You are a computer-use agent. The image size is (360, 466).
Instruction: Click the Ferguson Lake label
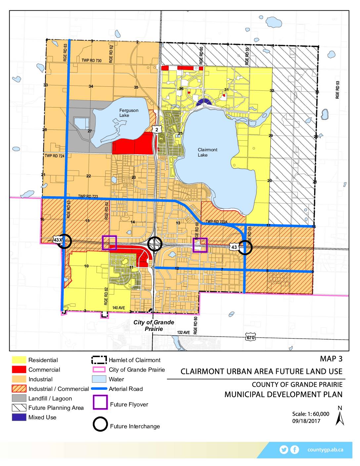[129, 113]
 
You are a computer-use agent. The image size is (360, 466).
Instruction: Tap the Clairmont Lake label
[207, 152]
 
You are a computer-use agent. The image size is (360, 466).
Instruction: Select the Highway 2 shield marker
[157, 129]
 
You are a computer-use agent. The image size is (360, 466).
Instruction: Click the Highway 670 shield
[250, 338]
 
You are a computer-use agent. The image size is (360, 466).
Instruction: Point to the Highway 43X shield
[58, 240]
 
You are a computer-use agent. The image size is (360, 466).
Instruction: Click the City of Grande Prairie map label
[154, 325]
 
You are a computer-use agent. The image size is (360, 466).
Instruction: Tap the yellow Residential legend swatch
[19, 360]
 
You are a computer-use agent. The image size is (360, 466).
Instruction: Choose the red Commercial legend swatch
[19, 370]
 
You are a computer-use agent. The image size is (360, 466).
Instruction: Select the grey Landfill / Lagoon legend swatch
[19, 398]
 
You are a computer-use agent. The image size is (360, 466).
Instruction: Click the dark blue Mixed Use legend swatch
[19, 417]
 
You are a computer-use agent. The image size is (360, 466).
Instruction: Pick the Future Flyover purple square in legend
[100, 403]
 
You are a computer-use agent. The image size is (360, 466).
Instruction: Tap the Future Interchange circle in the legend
[100, 424]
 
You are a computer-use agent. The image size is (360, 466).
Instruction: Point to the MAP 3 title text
[331, 359]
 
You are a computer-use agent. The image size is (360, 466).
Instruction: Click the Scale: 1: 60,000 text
[310, 414]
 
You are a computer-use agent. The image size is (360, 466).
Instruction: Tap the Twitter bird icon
[284, 449]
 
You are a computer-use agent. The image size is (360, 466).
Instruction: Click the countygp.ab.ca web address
[325, 450]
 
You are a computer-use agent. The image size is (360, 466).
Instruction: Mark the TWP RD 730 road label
[92, 61]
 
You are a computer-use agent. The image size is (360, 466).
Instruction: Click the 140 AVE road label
[118, 308]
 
